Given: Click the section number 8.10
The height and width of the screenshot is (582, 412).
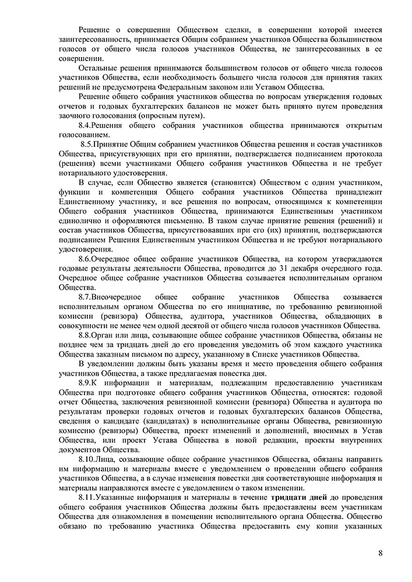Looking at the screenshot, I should pyautogui.click(x=87, y=460).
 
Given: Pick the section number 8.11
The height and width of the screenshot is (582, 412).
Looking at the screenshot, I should pyautogui.click(x=87, y=498).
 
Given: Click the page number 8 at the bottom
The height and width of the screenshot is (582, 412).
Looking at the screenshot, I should pyautogui.click(x=380, y=553).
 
